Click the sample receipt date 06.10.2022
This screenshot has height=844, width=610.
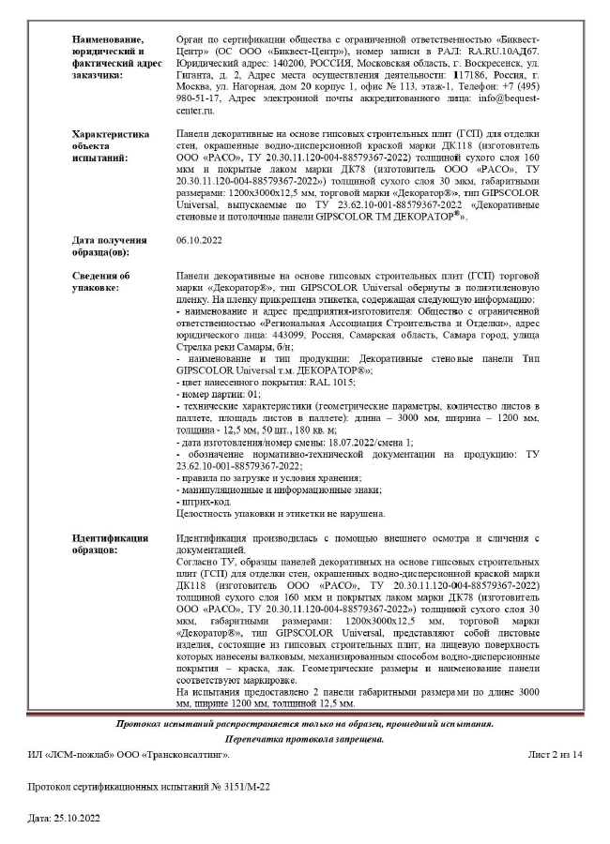[198, 240]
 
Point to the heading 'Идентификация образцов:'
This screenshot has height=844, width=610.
[110, 544]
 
